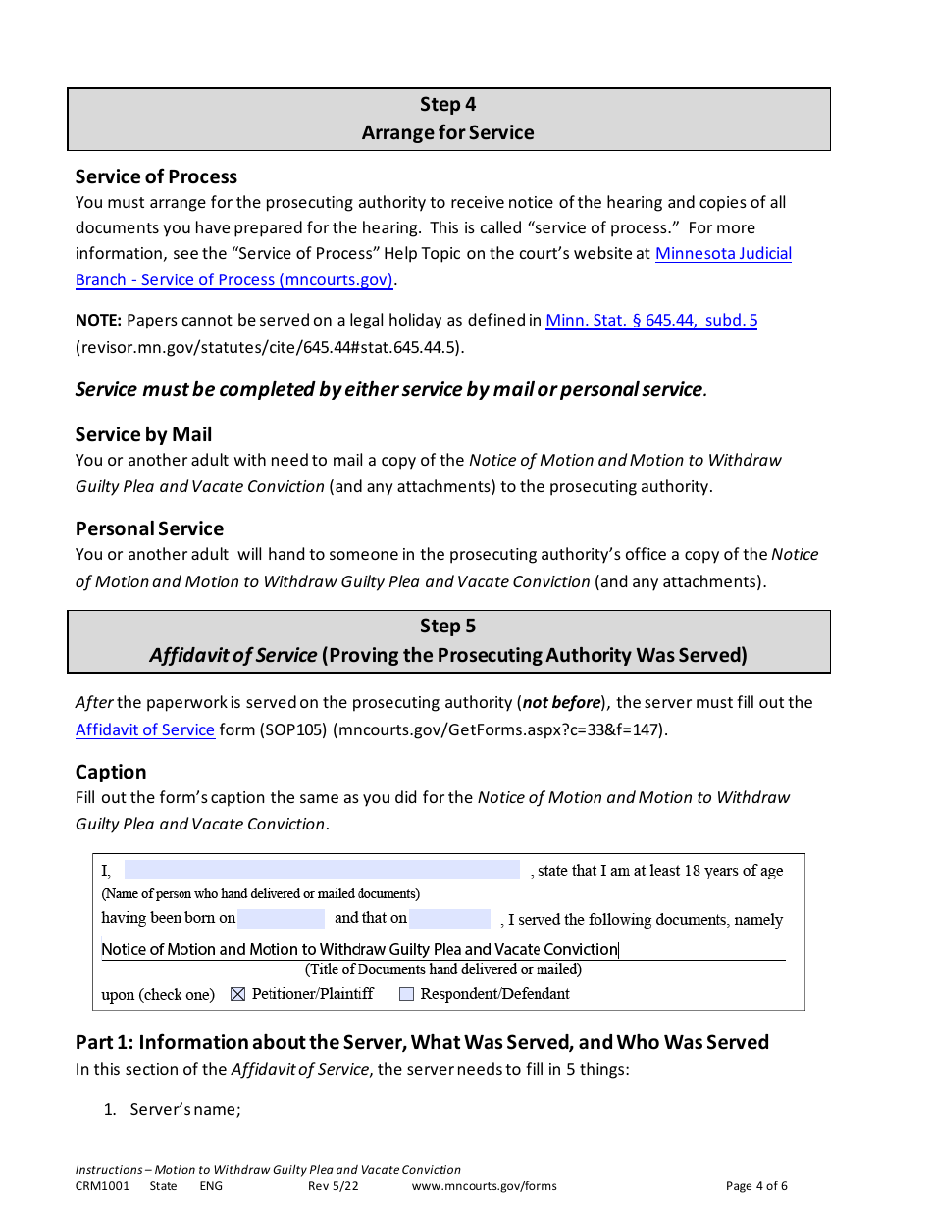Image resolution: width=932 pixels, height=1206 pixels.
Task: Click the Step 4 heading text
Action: [447, 104]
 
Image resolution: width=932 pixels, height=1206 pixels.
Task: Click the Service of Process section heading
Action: [156, 176]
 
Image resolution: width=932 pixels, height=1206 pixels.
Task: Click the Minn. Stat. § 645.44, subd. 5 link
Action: [650, 321]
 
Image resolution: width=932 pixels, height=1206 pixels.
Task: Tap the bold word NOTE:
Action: [98, 321]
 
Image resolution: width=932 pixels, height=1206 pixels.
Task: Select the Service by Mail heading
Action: [143, 434]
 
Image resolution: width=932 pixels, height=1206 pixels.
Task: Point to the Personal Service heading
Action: [149, 528]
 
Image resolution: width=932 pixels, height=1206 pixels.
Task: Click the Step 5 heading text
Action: [447, 626]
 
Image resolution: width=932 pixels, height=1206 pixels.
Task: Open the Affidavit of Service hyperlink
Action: [145, 729]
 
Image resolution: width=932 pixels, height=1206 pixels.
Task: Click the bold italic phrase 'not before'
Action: [561, 703]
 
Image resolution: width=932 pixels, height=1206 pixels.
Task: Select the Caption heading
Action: [111, 772]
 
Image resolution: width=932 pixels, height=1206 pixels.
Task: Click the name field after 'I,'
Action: [322, 871]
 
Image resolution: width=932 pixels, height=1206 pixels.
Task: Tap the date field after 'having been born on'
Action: [281, 919]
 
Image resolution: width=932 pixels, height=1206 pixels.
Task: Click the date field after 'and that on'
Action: [449, 919]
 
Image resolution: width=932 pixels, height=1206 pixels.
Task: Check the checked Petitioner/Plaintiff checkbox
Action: [237, 994]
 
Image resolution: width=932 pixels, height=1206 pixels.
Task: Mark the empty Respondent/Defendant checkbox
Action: [406, 994]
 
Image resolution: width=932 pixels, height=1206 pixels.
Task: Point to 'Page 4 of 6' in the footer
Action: [755, 1186]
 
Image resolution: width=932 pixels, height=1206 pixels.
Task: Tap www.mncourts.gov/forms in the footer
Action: [484, 1186]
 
